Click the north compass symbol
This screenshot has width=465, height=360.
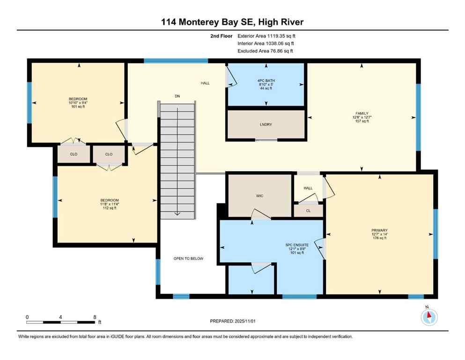429,316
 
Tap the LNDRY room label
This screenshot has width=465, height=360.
266,124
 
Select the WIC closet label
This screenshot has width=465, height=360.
260,195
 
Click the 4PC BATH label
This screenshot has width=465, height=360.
266,81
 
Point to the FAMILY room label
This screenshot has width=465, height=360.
362,113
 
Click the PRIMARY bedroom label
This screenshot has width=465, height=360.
380,230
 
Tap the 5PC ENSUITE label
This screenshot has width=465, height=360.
295,245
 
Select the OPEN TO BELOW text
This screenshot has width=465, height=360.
188,258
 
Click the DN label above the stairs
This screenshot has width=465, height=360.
177,96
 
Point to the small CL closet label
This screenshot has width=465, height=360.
308,211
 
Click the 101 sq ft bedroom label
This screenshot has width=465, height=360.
78,99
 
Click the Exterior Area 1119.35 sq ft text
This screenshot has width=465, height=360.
266,35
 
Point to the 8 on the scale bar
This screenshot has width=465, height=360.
95,317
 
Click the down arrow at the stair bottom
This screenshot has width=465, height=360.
177,213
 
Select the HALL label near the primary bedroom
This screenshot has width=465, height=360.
308,188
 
